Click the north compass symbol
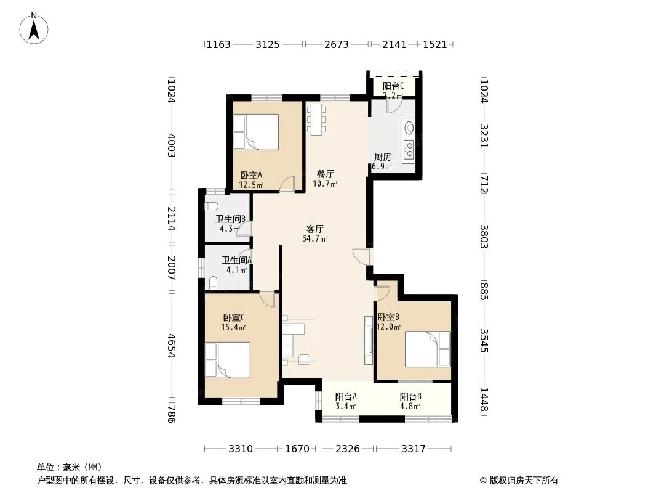(34, 28)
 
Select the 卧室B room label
(388, 317)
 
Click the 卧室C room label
(233, 318)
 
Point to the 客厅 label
(314, 229)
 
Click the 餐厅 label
(325, 174)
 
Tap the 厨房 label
(382, 157)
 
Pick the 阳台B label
(410, 397)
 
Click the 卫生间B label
(230, 219)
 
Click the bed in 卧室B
(428, 348)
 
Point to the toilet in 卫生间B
(211, 206)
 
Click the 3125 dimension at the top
(268, 44)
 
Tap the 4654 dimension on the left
(172, 346)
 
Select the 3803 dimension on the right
(484, 237)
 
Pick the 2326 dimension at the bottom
(348, 449)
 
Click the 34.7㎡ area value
(314, 238)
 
